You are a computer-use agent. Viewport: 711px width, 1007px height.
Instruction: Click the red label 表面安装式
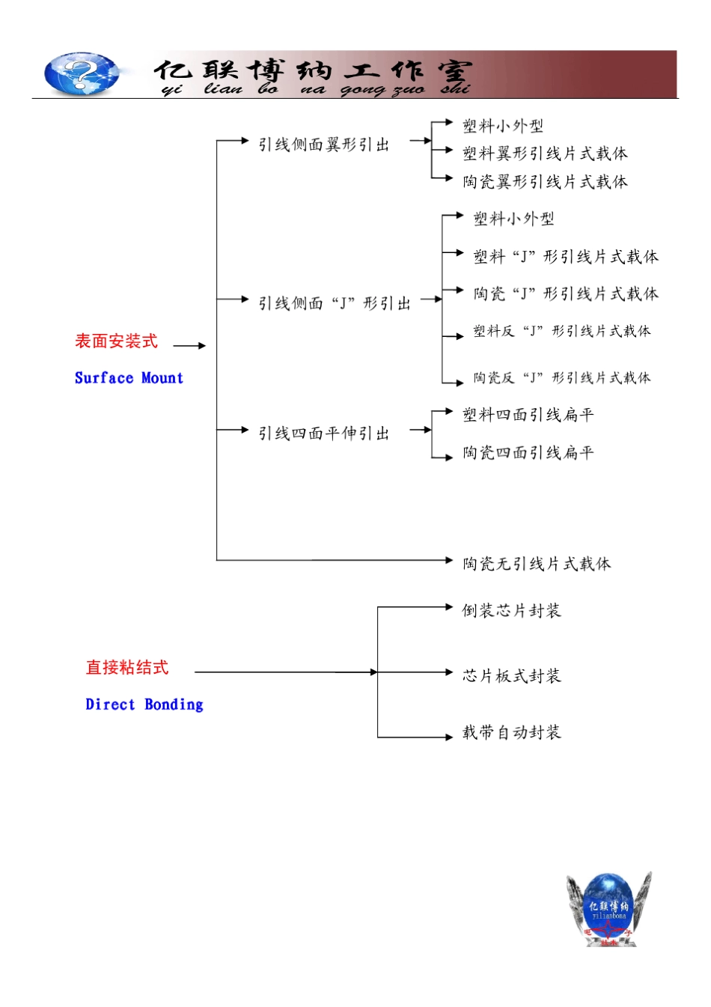tap(116, 341)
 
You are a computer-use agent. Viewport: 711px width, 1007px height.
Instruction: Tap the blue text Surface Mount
tap(129, 377)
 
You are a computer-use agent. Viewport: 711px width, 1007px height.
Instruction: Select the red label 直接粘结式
tap(127, 667)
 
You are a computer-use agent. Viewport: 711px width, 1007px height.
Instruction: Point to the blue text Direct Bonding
tap(144, 705)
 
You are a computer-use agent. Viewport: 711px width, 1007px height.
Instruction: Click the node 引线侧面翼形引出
tap(323, 144)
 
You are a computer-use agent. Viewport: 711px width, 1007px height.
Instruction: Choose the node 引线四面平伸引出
tap(323, 433)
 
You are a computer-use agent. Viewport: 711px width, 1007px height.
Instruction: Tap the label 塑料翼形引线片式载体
tap(545, 153)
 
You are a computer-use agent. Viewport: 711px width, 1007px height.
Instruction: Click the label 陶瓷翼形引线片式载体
tap(545, 182)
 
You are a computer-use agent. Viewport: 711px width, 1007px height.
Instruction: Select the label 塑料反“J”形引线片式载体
tap(562, 331)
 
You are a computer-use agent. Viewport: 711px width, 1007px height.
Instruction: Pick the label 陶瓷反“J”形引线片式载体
tap(562, 377)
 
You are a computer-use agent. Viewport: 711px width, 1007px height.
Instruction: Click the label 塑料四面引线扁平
tap(528, 415)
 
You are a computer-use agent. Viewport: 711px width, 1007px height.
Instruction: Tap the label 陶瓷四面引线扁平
tap(528, 452)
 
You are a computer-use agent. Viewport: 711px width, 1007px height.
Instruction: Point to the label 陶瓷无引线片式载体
tap(537, 564)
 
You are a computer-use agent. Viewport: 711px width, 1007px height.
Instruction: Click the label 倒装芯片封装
tap(512, 610)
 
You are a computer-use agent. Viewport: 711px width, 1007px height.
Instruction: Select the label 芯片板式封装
tap(512, 675)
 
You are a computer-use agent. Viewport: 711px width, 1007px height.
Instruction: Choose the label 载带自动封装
tap(512, 732)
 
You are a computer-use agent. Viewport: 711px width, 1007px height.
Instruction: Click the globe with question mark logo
tap(82, 73)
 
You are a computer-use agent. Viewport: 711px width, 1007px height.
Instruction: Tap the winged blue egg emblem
tap(609, 908)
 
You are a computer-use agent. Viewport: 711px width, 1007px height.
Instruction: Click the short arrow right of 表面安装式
tap(189, 346)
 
